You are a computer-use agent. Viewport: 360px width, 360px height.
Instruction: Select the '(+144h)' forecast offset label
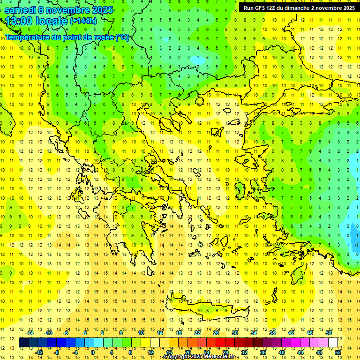point(83,21)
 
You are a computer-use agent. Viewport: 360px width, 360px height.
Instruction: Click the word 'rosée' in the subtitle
point(102,37)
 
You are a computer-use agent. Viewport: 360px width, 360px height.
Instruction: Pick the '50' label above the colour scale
point(328,332)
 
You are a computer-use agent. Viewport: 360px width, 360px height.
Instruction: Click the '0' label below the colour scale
point(93,352)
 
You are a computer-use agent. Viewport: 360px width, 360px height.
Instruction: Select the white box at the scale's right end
point(333,343)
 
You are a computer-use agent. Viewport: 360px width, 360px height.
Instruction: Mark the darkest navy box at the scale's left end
point(23,343)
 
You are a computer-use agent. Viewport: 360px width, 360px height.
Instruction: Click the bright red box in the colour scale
point(220,343)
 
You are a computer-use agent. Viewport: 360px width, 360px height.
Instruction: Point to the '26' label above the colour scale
point(216,332)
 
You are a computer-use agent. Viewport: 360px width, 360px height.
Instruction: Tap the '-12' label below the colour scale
point(39,352)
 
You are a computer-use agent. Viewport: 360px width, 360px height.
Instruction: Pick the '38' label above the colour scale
point(272,332)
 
